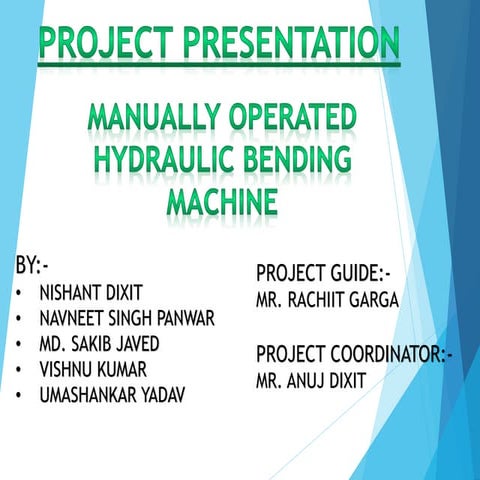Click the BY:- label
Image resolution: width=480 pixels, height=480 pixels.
click(x=32, y=267)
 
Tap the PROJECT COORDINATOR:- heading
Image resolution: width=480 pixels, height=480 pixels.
click(x=354, y=355)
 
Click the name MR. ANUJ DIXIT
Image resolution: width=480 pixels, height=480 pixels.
click(x=311, y=381)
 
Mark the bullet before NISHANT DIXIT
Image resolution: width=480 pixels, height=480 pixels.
click(x=21, y=295)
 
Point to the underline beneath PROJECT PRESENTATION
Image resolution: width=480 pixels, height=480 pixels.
click(x=220, y=65)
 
